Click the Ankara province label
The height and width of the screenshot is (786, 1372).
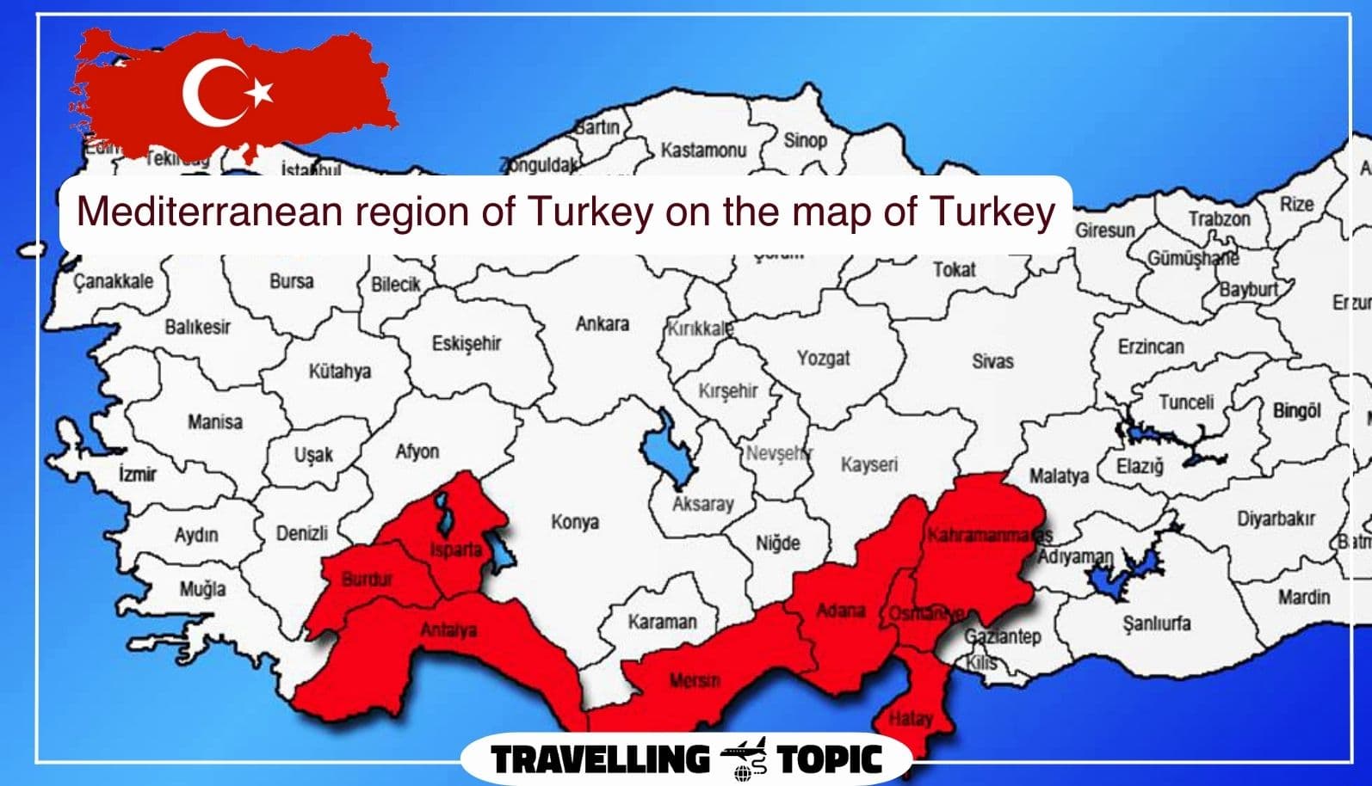click(602, 324)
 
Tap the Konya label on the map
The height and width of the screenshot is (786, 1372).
click(574, 522)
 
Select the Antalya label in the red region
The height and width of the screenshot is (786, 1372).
click(448, 630)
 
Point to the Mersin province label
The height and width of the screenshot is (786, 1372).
click(695, 680)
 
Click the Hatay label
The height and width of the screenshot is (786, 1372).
click(910, 718)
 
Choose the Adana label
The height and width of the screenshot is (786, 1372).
click(840, 611)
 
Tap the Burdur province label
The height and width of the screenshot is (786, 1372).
click(367, 579)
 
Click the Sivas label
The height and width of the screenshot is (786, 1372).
click(992, 361)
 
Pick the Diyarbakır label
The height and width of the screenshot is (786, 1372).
click(1276, 519)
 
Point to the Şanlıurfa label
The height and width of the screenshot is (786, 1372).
click(1157, 623)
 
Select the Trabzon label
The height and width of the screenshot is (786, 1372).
click(1219, 218)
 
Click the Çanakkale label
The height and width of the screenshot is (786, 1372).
click(113, 281)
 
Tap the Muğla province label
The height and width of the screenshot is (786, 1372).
click(202, 589)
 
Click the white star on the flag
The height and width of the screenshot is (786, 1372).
click(260, 90)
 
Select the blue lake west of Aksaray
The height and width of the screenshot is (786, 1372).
click(665, 445)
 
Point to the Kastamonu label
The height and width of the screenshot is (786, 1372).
click(702, 150)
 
